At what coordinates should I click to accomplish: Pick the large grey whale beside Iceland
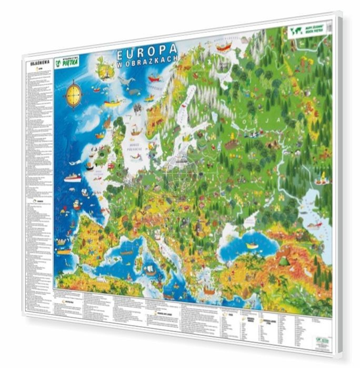coord(127,82)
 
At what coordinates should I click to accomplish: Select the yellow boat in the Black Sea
coord(252,245)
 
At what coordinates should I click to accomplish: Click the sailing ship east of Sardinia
coord(151,271)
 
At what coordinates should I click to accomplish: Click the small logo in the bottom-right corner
coord(322,341)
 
